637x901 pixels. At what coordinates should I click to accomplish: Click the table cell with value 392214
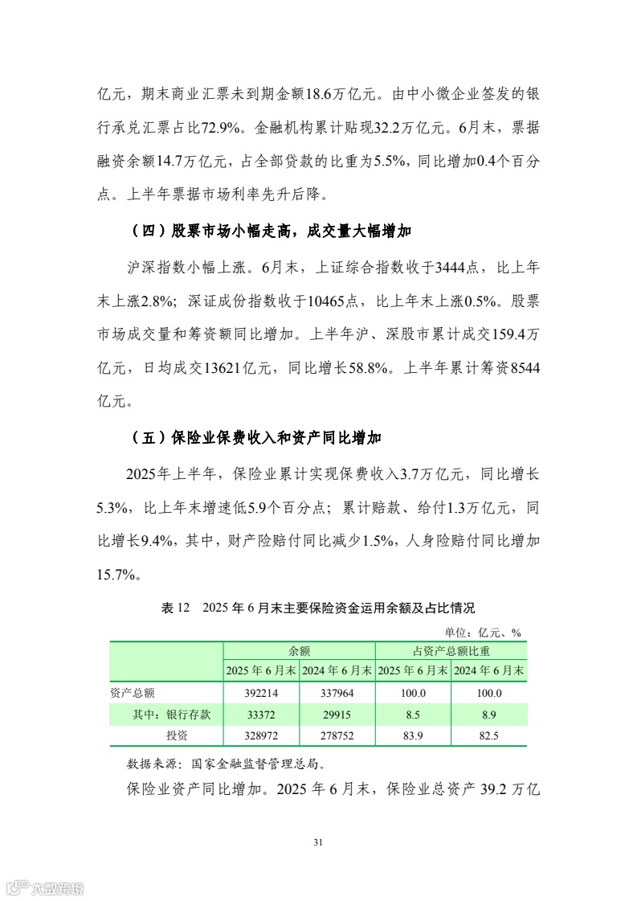[x=260, y=693]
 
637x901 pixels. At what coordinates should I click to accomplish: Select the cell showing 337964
[x=336, y=693]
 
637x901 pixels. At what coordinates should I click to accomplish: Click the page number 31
[x=318, y=842]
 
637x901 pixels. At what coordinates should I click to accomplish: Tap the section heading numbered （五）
[x=255, y=438]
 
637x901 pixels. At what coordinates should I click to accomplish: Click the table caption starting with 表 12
[x=318, y=608]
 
